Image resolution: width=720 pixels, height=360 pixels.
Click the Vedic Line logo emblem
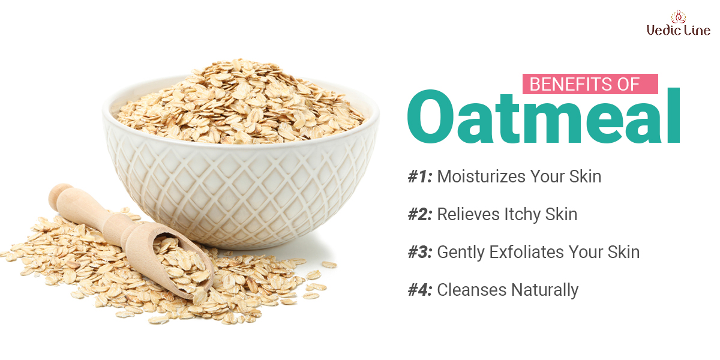[678, 17]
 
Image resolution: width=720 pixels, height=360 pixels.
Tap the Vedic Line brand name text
[679, 31]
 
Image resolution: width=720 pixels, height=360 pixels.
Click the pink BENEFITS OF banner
[590, 84]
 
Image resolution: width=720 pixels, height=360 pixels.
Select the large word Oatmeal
[544, 116]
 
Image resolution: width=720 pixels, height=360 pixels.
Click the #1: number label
[420, 176]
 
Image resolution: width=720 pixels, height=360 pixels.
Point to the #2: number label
[420, 214]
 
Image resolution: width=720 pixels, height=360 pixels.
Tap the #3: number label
[420, 252]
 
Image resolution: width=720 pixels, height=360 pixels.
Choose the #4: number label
[420, 290]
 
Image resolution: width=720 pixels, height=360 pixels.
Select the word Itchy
[523, 215]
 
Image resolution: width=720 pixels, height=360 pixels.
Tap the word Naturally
[545, 290]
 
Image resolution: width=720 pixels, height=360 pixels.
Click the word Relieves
[469, 214]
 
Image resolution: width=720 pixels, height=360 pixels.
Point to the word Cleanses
[472, 290]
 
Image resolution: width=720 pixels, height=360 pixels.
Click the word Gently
[461, 253]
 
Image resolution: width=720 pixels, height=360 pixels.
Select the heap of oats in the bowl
[241, 103]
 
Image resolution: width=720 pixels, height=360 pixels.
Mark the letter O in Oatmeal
[430, 116]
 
